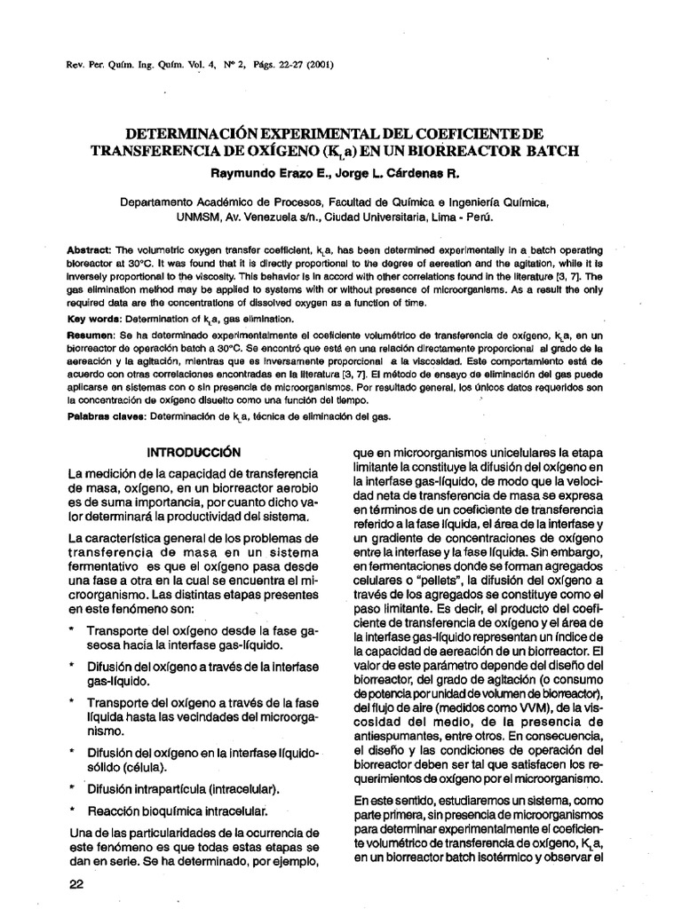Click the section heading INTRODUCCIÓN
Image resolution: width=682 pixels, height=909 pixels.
pos(194,451)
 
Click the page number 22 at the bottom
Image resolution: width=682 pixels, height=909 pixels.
pos(75,885)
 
